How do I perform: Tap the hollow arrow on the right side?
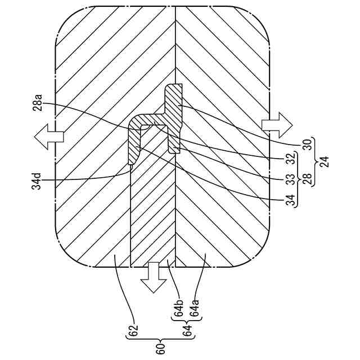[277, 124]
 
